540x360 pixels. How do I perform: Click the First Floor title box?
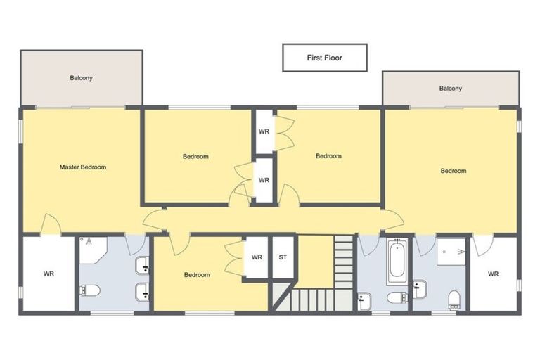(325, 58)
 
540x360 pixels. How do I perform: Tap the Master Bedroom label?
(83, 167)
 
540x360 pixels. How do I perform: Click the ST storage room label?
(283, 257)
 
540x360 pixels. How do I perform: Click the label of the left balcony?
(82, 78)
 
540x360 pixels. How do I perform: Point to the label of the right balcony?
(451, 88)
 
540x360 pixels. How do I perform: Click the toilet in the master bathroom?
(90, 290)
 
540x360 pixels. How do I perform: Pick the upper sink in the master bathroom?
(142, 265)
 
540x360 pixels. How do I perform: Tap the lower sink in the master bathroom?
(142, 292)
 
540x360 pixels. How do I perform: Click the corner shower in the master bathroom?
(93, 250)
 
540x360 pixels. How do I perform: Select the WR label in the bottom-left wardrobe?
(49, 274)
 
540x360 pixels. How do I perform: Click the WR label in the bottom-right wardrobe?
(493, 274)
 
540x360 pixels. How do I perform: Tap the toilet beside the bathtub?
(398, 297)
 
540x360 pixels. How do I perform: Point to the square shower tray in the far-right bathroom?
(451, 252)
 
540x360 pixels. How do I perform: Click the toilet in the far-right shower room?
(455, 300)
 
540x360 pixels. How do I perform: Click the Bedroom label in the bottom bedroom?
(197, 274)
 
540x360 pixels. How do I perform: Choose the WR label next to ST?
(257, 257)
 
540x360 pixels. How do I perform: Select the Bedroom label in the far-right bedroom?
(454, 171)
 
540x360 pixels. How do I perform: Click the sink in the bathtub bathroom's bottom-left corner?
(364, 302)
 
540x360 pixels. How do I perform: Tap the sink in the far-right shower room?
(420, 289)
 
